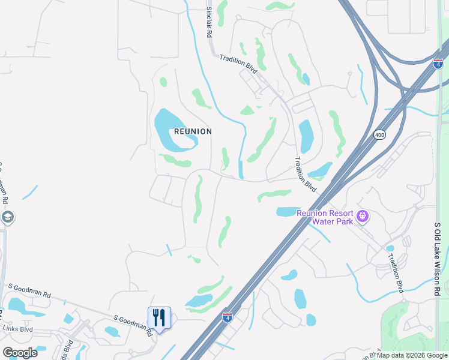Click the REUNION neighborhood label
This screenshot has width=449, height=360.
[x=193, y=131]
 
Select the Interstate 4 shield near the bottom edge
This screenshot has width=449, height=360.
[x=227, y=317]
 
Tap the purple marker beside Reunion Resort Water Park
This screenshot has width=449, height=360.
[x=362, y=216]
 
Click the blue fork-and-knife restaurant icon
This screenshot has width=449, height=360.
[x=159, y=316]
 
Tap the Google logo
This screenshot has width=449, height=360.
[x=20, y=353]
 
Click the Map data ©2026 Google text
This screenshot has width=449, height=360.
[x=412, y=355]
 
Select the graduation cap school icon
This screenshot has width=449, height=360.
[x=7, y=217]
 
